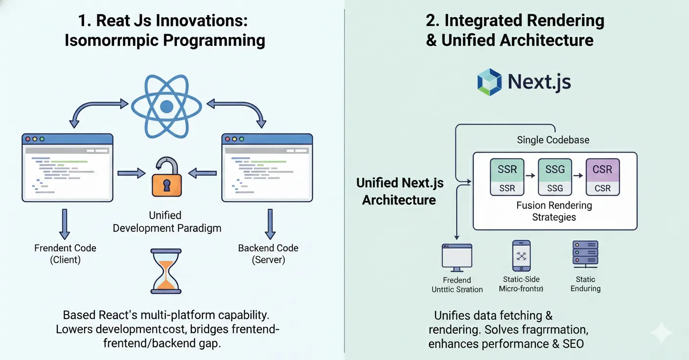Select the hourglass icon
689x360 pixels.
(167, 271)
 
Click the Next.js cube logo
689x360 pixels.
(489, 82)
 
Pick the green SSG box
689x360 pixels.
(554, 177)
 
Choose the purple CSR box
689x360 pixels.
(602, 177)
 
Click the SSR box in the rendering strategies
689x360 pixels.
(507, 177)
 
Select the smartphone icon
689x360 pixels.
(521, 255)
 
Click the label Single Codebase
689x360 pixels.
(553, 140)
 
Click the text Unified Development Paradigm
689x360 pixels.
(167, 222)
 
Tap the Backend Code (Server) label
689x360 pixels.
(268, 253)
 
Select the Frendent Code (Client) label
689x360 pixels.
(65, 253)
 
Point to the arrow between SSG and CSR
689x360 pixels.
(578, 175)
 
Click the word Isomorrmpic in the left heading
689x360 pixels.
(111, 41)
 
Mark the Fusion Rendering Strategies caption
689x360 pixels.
(554, 211)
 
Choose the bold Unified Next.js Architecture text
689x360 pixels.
(399, 191)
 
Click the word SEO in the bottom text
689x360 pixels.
(573, 344)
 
